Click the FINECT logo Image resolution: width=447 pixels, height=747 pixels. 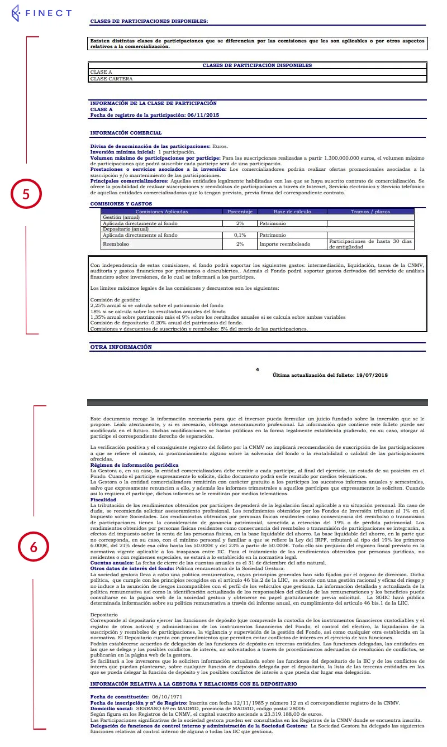(x=41, y=13)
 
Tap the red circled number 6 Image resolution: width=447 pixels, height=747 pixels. (x=34, y=547)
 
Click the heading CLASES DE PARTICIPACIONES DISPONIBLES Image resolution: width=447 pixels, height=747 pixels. (x=149, y=21)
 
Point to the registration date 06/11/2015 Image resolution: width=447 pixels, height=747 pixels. (x=202, y=115)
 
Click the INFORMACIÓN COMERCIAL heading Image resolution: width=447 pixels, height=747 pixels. (x=126, y=133)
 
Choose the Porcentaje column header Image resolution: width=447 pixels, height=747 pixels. (x=240, y=212)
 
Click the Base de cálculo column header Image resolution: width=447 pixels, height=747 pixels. (x=291, y=212)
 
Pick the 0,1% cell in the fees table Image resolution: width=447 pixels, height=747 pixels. (x=240, y=235)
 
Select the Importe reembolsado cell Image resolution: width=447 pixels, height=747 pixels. (x=285, y=244)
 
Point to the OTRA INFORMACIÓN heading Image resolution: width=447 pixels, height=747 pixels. (x=121, y=347)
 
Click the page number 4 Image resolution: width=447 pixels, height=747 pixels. (x=258, y=369)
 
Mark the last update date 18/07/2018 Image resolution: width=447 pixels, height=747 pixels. (x=371, y=375)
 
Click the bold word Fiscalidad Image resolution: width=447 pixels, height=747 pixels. (x=103, y=500)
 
